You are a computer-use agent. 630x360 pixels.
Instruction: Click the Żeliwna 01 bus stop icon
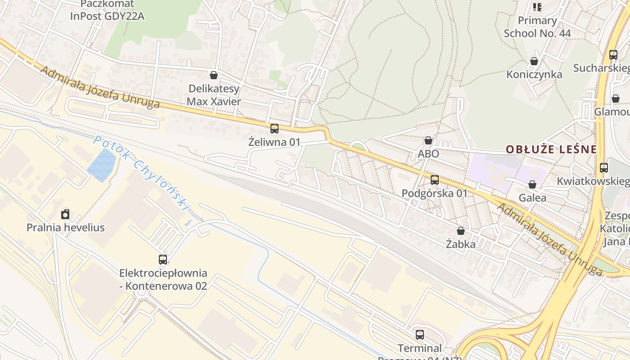274,129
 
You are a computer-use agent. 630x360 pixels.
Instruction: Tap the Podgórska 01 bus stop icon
434,180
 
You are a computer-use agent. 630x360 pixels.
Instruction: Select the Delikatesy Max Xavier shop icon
214,75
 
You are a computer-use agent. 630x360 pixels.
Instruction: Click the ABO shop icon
428,141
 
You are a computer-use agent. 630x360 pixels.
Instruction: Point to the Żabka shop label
460,244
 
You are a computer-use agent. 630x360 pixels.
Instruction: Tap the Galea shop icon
532,184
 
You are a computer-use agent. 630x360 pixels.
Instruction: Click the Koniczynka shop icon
534,61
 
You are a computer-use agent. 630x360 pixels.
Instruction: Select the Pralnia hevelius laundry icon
65,214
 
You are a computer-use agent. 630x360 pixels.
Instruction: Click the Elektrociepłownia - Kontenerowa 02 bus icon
163,260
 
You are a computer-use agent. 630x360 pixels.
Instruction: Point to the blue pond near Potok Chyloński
102,165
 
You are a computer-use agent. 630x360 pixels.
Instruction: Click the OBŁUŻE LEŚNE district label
551,149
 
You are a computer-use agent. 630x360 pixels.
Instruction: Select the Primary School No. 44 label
537,27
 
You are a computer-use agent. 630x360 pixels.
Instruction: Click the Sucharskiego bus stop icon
613,55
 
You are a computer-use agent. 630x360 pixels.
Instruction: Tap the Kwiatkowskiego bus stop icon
603,168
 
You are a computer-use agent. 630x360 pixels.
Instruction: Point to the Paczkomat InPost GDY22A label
107,10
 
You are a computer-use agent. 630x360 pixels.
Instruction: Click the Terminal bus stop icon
419,335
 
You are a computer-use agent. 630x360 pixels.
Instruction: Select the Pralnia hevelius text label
65,227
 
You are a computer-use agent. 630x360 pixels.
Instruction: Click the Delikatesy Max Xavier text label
214,95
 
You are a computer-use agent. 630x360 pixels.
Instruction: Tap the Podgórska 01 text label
434,193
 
